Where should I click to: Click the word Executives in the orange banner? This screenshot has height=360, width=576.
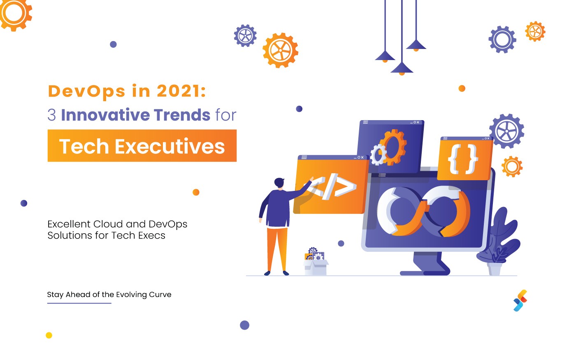pyautogui.click(x=170, y=146)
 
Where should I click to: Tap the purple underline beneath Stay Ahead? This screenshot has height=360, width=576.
pyautogui.click(x=79, y=303)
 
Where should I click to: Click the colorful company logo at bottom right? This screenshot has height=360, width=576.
pyautogui.click(x=520, y=301)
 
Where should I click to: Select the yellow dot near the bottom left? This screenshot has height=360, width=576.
pyautogui.click(x=49, y=335)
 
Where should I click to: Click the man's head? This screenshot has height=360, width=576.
pyautogui.click(x=279, y=183)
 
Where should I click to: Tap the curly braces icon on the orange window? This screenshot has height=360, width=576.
pyautogui.click(x=463, y=159)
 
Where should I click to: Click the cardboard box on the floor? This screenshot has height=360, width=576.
pyautogui.click(x=316, y=267)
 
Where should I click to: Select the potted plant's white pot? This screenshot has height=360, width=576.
pyautogui.click(x=495, y=269)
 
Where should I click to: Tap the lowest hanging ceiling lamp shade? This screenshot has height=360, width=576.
pyautogui.click(x=402, y=68)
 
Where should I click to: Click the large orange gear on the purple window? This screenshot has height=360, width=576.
pyautogui.click(x=393, y=147)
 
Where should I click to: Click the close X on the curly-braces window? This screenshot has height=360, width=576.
pyautogui.click(x=488, y=139)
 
